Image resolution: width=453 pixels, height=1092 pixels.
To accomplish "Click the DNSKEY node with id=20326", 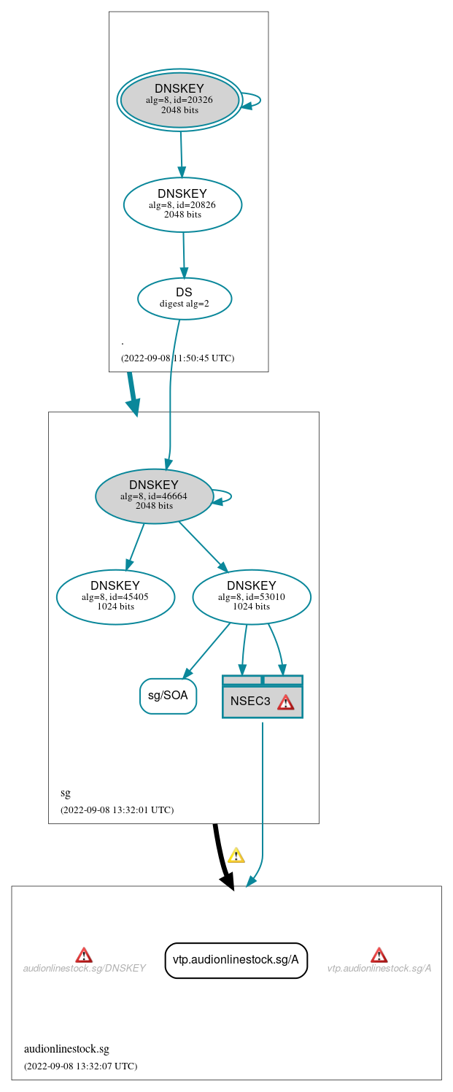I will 179,100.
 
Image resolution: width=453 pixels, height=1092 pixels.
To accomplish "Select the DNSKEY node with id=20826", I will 182,204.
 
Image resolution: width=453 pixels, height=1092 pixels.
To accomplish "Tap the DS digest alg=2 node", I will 184,298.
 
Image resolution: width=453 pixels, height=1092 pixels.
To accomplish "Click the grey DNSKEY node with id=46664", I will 154,496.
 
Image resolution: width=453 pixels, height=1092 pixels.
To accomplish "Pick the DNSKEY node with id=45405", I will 115,596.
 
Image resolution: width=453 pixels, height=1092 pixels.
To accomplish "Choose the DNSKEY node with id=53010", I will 251,596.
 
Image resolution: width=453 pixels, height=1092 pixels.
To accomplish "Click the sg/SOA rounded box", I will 168,696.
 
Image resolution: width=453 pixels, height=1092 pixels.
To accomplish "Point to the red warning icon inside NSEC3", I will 285,701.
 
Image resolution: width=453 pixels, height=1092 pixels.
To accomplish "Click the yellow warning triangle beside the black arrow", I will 236,855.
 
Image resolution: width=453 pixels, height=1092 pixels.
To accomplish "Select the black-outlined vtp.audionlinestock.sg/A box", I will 236,960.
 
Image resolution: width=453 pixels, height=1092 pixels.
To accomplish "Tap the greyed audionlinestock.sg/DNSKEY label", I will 84,969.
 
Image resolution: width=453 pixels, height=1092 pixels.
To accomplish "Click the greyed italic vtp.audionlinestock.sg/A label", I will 379,969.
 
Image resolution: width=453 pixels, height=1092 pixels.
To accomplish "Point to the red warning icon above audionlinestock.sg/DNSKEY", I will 84,955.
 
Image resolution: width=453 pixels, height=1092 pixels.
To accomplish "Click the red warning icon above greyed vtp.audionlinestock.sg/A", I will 379,955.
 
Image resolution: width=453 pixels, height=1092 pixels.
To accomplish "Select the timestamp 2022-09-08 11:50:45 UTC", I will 177,358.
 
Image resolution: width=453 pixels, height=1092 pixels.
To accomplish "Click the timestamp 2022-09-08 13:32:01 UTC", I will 117,810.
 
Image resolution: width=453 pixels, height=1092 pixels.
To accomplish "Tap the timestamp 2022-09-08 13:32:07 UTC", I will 80,1066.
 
